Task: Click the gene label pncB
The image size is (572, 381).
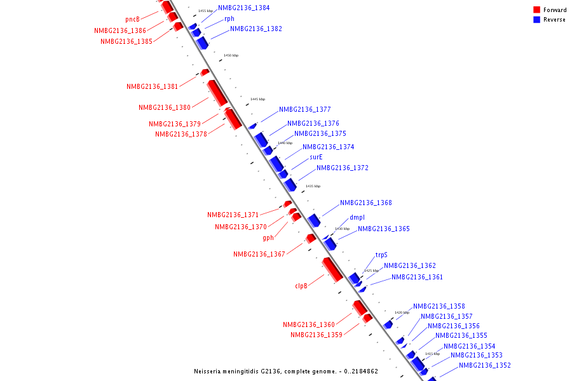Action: coord(132,19)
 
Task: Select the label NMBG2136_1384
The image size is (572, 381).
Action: coord(243,8)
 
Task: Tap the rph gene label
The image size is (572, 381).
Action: coord(229,19)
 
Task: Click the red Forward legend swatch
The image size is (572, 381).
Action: coord(537,10)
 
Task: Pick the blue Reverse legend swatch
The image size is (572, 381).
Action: coord(537,20)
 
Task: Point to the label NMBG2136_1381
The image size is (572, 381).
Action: coord(152,86)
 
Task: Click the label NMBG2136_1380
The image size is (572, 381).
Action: coord(165,107)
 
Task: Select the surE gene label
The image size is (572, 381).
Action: coord(316,157)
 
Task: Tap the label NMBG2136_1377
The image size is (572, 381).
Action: coord(304,110)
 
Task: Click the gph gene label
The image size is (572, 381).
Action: coord(268,238)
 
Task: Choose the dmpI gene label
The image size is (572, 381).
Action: coord(357,218)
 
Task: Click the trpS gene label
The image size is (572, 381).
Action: coord(381,255)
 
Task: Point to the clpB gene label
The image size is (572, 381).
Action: coord(301,286)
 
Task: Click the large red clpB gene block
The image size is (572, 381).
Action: coord(332,269)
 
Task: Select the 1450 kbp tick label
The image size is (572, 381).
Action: coord(231,56)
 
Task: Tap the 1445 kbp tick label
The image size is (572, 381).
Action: coord(257,99)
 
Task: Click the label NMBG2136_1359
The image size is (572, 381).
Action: coord(317,335)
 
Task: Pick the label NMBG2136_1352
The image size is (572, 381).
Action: coord(484,365)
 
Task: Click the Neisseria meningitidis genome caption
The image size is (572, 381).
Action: coord(286,371)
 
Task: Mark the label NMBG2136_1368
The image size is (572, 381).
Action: coord(365,203)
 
